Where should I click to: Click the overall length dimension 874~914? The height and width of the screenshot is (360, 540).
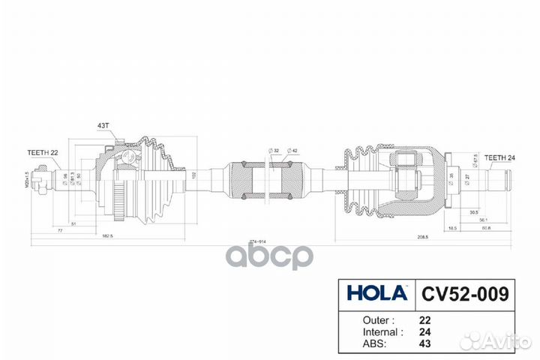(259, 242)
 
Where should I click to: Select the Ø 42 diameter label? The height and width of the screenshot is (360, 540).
(294, 151)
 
